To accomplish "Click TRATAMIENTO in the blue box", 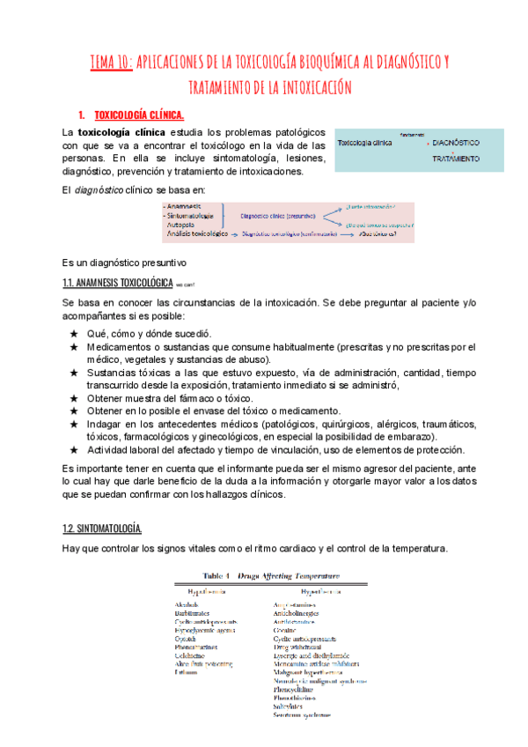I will point(455,159).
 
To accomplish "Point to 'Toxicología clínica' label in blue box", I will point(365,141).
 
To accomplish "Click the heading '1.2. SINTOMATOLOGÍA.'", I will point(103,529).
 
